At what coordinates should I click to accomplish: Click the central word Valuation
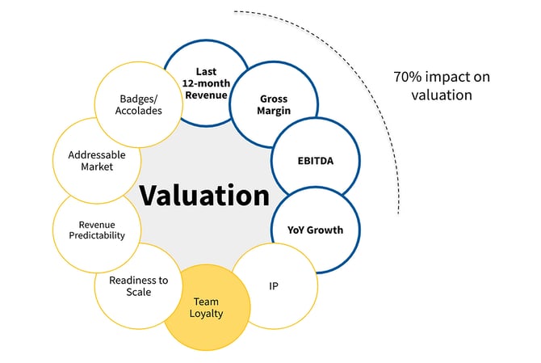[x=203, y=195]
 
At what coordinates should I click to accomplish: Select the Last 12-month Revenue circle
[x=206, y=82]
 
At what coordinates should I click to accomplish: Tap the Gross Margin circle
[x=273, y=105]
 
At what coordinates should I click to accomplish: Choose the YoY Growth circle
[x=315, y=229]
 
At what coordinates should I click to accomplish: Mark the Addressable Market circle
[x=90, y=159]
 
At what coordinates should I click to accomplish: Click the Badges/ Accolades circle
[x=135, y=106]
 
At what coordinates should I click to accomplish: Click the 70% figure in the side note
[x=407, y=78]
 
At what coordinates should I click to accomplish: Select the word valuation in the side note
[x=442, y=95]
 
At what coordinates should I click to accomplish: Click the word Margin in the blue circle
[x=273, y=112]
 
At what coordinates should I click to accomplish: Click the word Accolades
[x=135, y=112]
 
